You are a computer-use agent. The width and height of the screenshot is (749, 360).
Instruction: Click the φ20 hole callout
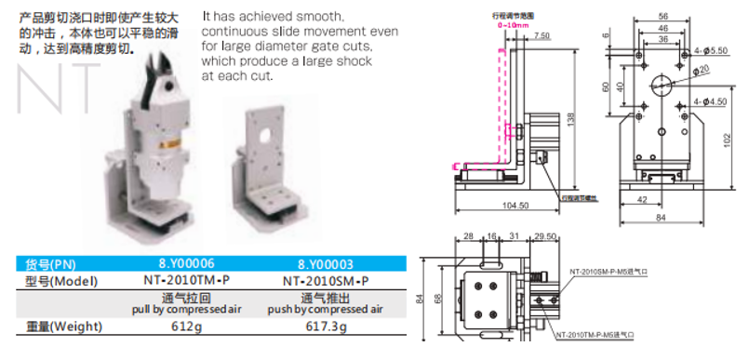[x=702, y=69]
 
